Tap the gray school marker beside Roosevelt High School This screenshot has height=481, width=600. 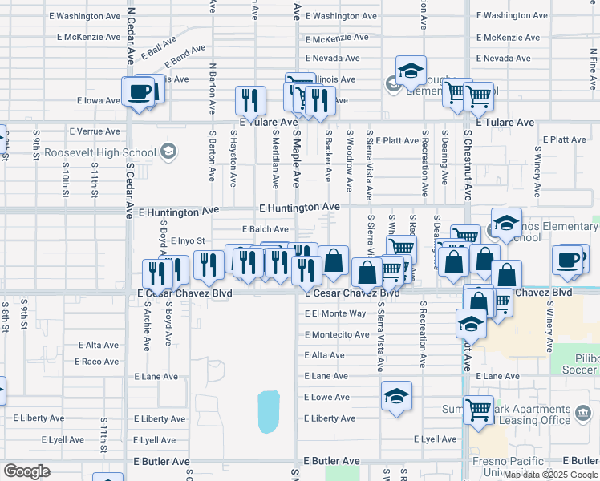(168, 151)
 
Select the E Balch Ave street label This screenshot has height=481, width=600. (264, 229)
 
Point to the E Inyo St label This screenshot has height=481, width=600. (189, 240)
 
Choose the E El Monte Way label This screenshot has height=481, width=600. (335, 313)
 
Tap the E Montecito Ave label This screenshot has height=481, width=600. (337, 334)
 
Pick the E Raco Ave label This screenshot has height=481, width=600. (97, 362)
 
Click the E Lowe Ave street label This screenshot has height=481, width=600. (327, 398)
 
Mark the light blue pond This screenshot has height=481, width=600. (269, 410)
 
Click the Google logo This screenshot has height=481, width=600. (26, 471)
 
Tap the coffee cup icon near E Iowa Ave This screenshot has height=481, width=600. (140, 91)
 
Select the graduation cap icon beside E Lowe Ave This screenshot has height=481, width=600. (396, 396)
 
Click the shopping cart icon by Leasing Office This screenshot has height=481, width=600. (479, 410)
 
